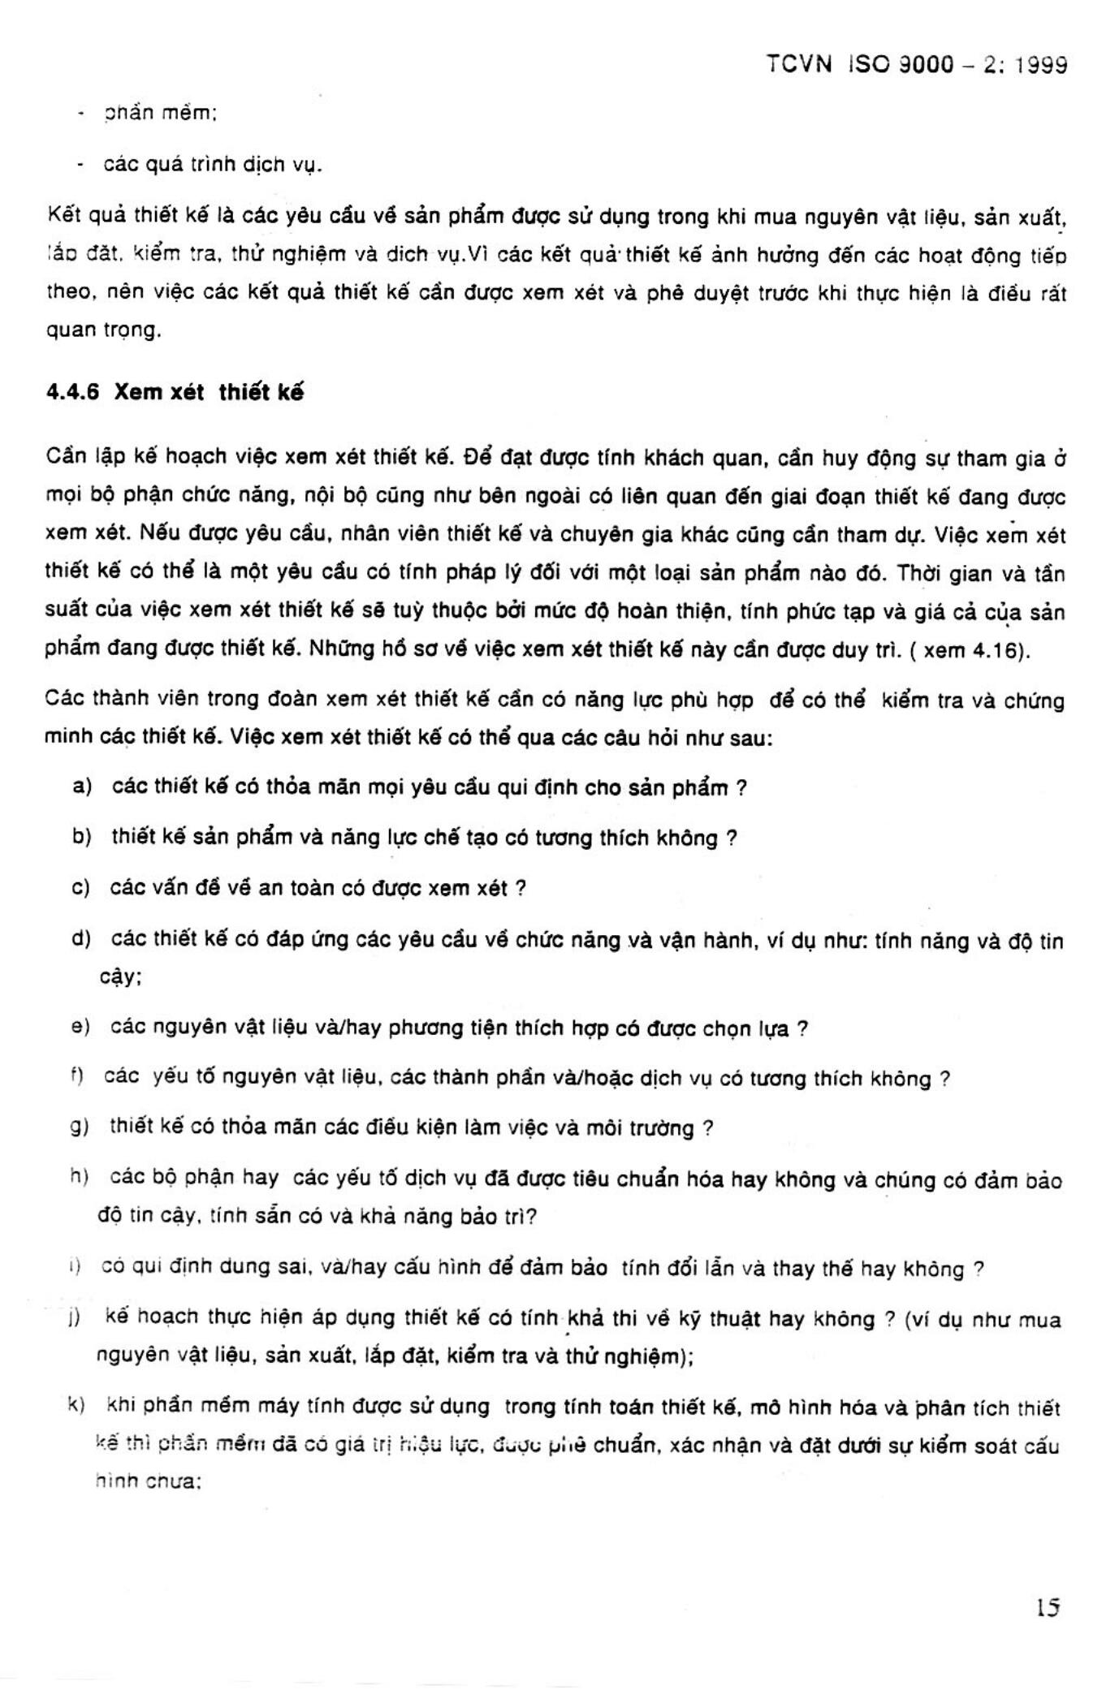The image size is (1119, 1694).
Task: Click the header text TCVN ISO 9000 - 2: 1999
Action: (x=916, y=66)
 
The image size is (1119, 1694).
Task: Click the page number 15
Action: (x=1048, y=1607)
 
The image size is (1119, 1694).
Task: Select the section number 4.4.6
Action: (x=73, y=392)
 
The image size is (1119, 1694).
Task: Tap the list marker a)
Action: (x=82, y=787)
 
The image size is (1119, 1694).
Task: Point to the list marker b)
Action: (x=81, y=837)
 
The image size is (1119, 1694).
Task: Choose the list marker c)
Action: (x=80, y=887)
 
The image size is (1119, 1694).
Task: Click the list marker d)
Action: (x=80, y=939)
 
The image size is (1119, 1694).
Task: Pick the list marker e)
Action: (x=80, y=1028)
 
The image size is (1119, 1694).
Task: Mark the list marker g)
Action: (x=80, y=1127)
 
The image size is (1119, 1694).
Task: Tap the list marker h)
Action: (x=79, y=1178)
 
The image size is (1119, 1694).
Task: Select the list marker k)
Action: (x=77, y=1407)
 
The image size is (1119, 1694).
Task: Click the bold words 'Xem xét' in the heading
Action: (x=159, y=392)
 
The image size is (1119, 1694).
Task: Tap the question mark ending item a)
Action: (x=741, y=787)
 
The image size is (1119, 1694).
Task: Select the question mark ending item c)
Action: (x=521, y=888)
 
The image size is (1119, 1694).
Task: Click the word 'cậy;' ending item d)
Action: (x=120, y=976)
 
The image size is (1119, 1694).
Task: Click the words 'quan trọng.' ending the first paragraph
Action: (x=104, y=330)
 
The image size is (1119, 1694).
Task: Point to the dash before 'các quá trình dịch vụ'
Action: (x=80, y=164)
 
